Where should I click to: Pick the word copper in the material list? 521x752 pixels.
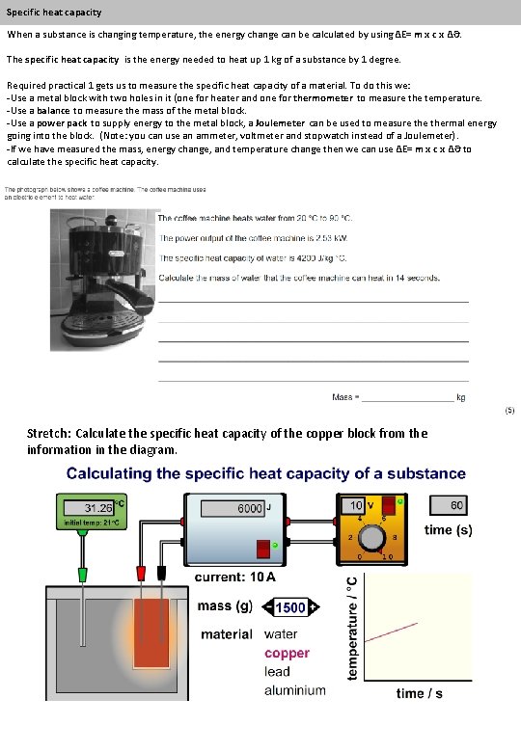click(288, 653)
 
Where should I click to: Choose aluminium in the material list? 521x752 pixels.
click(295, 690)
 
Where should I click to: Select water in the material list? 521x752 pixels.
click(282, 634)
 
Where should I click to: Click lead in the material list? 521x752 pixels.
click(277, 671)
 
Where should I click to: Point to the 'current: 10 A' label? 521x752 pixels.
click(235, 577)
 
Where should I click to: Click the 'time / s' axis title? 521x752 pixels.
click(419, 693)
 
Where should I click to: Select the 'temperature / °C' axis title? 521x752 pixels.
click(352, 626)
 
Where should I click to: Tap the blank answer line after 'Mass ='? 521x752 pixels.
click(405, 398)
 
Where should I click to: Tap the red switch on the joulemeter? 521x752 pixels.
click(263, 548)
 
